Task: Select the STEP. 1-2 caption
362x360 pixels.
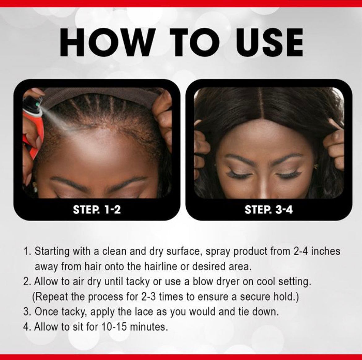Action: click(97, 210)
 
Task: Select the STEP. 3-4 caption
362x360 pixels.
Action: click(269, 210)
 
